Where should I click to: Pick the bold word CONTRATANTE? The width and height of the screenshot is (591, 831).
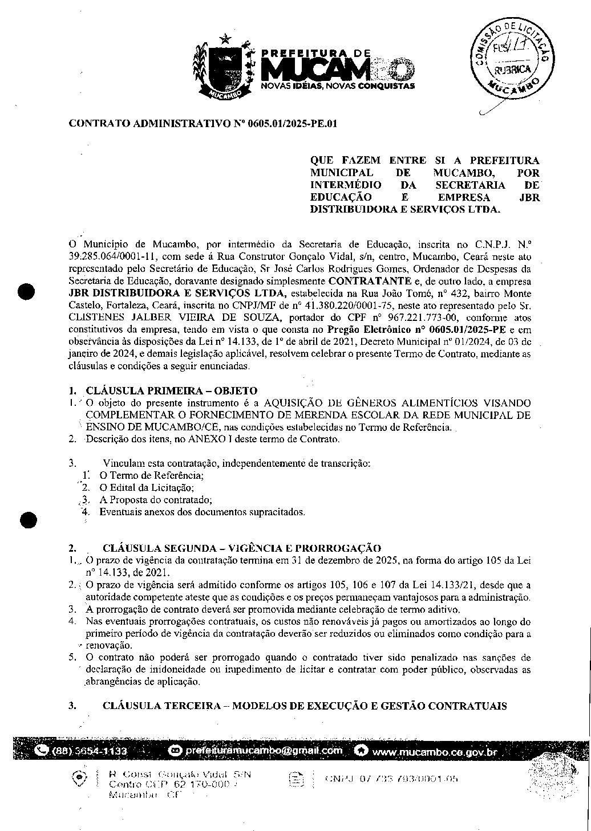(x=370, y=280)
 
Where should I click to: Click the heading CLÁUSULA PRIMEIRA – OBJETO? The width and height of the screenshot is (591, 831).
(x=171, y=390)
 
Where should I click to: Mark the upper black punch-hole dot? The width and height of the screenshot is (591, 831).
(x=27, y=291)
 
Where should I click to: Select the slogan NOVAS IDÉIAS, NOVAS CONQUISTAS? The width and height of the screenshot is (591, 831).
(x=337, y=86)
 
